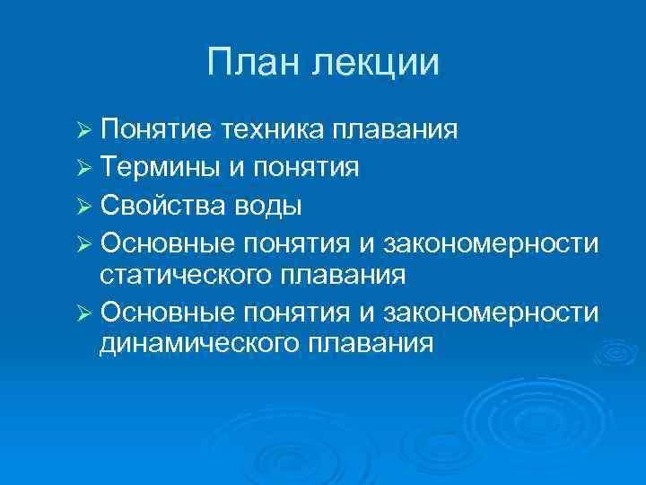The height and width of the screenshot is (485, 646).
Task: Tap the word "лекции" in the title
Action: pyautogui.click(x=376, y=64)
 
